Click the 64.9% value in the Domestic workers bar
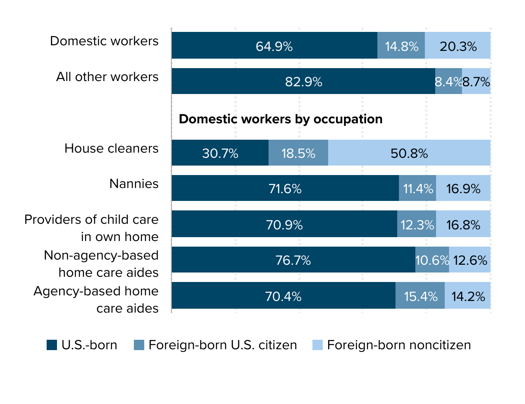tap(274, 46)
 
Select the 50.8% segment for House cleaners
tap(409, 153)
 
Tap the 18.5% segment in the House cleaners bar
tap(298, 153)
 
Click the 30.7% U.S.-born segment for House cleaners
tap(220, 153)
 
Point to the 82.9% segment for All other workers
tap(304, 81)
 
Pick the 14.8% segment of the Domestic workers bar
tap(401, 46)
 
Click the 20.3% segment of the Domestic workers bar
tap(458, 46)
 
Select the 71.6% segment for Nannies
tap(285, 188)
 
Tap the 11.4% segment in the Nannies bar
tap(417, 188)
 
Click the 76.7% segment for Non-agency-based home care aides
tap(293, 260)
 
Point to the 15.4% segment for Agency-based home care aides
tap(420, 296)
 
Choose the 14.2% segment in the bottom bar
tap(468, 296)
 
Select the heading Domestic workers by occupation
tap(281, 119)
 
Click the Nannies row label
tap(134, 184)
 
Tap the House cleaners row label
tap(111, 148)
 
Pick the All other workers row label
tap(107, 77)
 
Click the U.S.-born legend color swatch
tap(52, 345)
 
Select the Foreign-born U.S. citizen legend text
tap(222, 345)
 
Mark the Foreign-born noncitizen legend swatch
tap(317, 345)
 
